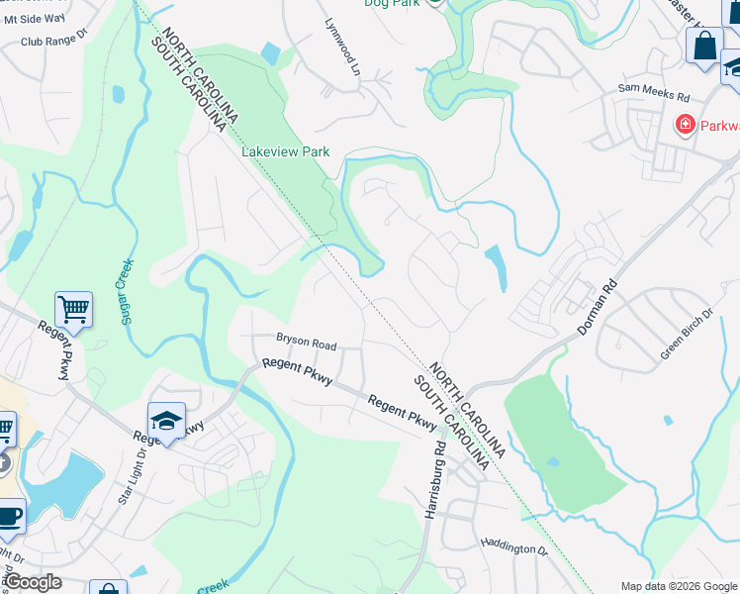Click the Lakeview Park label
pos(286,152)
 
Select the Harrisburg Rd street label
pos(433,484)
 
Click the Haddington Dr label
pos(514,545)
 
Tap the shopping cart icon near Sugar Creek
pos(73,310)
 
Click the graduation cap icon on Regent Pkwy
pos(167,421)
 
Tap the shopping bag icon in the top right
pos(704,46)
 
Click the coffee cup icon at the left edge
pos(9,516)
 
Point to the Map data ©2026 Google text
pos(678,586)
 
